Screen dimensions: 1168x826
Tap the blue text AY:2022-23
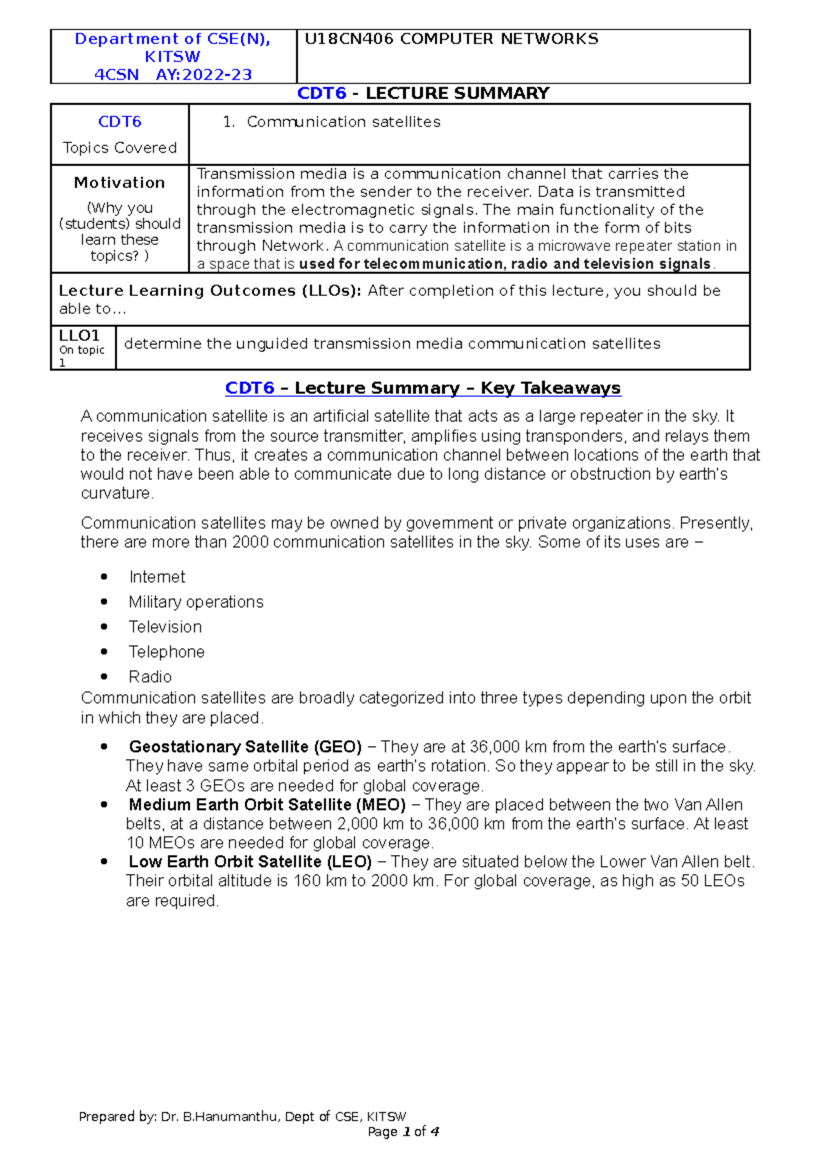[204, 75]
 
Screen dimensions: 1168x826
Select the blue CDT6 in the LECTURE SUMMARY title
[321, 94]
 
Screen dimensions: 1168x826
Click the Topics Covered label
[120, 148]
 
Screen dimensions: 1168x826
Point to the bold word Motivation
[120, 183]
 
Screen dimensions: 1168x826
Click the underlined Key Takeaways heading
[551, 388]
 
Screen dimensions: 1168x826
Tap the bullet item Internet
[157, 577]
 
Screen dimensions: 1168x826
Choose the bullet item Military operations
[195, 602]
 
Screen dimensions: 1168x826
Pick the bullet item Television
[165, 627]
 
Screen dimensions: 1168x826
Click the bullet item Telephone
[167, 651]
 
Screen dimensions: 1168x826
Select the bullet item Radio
[150, 676]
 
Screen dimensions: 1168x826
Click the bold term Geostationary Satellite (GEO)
[245, 747]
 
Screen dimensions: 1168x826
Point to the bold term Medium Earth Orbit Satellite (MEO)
[267, 805]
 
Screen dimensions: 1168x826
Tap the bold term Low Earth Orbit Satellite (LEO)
[250, 862]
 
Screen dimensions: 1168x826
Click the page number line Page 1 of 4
[403, 1132]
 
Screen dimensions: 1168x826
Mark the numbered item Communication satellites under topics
[343, 122]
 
